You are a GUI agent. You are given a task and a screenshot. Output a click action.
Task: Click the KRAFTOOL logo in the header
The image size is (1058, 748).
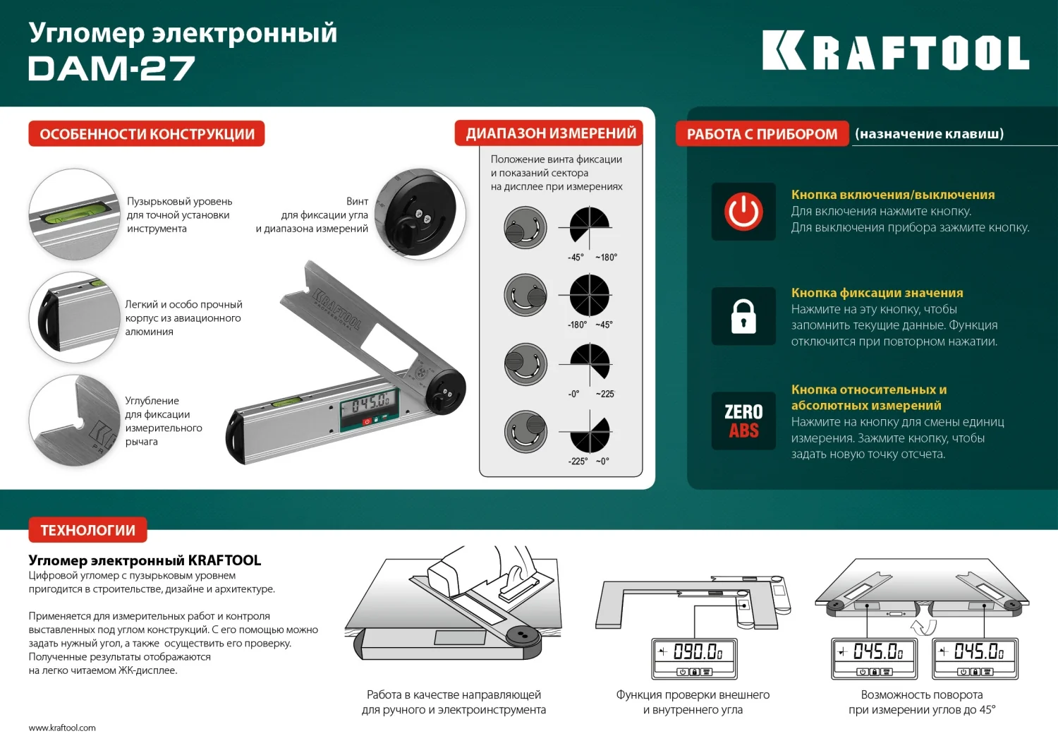click(895, 52)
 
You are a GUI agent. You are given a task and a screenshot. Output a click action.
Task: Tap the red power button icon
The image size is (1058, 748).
click(743, 212)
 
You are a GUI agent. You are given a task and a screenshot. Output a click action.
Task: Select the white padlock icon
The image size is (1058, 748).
click(743, 316)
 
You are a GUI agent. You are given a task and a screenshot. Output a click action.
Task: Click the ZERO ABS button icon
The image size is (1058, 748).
click(743, 421)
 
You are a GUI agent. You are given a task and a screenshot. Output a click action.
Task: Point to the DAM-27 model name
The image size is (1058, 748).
click(111, 69)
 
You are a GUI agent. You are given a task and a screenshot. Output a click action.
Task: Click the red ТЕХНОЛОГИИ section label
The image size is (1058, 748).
click(87, 530)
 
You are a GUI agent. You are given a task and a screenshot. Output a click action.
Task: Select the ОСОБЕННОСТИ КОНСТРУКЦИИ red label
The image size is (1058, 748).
click(147, 134)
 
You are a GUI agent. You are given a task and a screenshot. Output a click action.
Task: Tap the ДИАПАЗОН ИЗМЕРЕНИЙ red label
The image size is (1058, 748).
click(550, 133)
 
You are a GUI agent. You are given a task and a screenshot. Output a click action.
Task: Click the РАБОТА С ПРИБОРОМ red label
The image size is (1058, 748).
click(762, 134)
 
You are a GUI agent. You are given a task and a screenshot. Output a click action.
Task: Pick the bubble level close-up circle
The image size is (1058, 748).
click(74, 215)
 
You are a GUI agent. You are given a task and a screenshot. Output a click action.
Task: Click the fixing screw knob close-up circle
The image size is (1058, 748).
click(420, 214)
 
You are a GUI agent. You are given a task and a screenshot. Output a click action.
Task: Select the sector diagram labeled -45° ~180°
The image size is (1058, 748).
click(590, 227)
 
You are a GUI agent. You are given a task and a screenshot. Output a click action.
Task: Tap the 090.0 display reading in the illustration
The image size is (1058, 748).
click(695, 652)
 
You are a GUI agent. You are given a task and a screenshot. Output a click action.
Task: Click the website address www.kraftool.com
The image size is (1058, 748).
click(62, 728)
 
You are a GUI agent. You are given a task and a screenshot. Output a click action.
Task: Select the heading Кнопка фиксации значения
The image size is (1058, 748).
click(877, 293)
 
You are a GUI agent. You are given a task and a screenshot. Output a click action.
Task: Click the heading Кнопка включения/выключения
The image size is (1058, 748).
click(892, 195)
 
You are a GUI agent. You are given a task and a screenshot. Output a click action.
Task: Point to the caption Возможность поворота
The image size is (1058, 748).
click(921, 695)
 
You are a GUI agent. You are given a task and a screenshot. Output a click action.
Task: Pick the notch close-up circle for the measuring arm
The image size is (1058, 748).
click(74, 421)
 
